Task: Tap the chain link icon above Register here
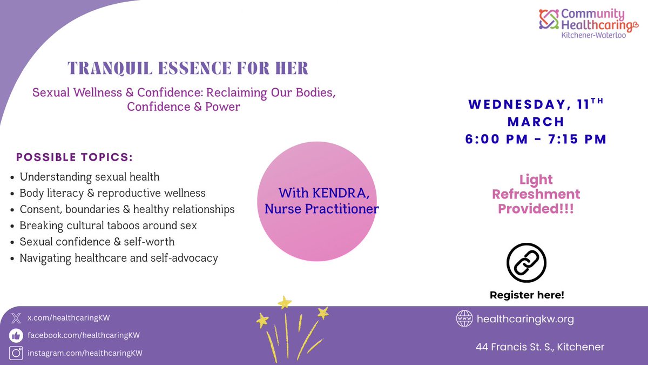coord(526,262)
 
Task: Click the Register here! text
coord(526,295)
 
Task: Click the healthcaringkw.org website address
coord(525,319)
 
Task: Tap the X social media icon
coord(16,318)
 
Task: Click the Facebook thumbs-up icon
coord(16,335)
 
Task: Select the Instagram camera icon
coord(16,353)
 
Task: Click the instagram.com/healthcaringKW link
coord(85,353)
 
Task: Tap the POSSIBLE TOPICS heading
coord(75,157)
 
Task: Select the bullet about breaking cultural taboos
coord(108,225)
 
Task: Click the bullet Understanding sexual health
coord(89,177)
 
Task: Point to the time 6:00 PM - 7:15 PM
coord(536,139)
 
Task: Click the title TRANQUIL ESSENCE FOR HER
coord(187,68)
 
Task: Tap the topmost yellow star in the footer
coord(283,302)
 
